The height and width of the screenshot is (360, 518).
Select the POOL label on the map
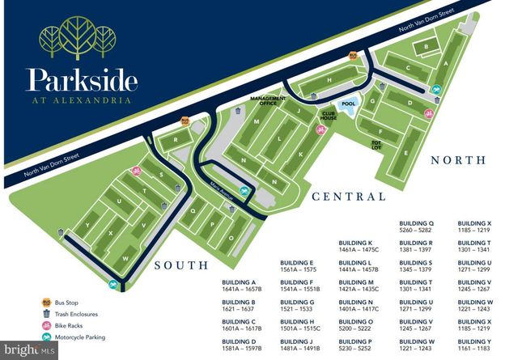[349, 104]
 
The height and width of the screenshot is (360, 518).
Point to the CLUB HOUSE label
[329, 116]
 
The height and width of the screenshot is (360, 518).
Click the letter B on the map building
[427, 48]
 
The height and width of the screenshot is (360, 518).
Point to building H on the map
[329, 79]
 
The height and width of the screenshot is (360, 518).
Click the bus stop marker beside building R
[185, 121]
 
